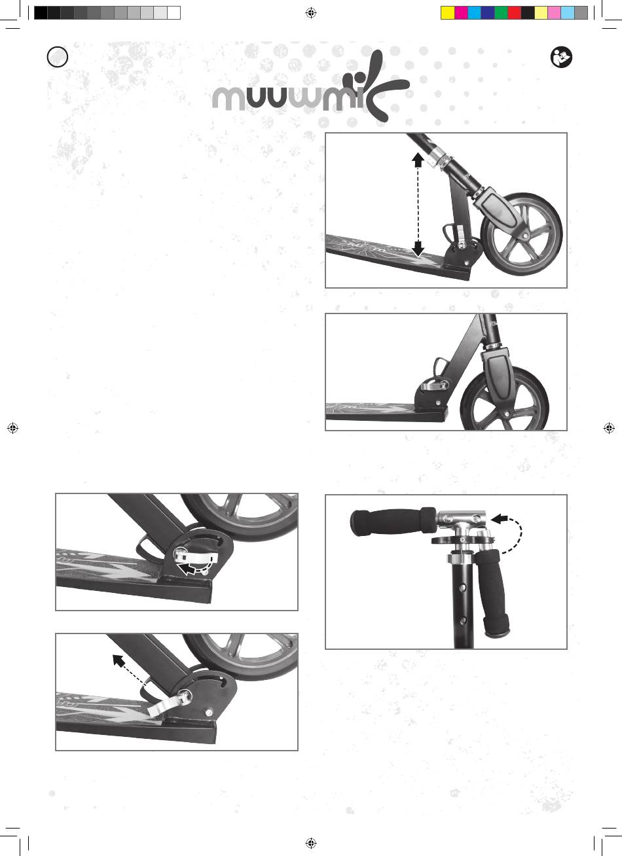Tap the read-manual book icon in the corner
pyautogui.click(x=561, y=58)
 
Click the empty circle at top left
pyautogui.click(x=58, y=57)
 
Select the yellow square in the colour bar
pyautogui.click(x=448, y=12)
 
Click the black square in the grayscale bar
pyautogui.click(x=41, y=12)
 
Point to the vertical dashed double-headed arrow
pyautogui.click(x=418, y=204)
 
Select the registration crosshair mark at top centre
pyautogui.click(x=311, y=13)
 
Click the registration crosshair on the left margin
pyautogui.click(x=12, y=428)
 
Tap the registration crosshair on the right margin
pyautogui.click(x=609, y=428)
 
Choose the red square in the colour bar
pyautogui.click(x=514, y=12)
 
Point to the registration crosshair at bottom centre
pyautogui.click(x=311, y=843)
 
